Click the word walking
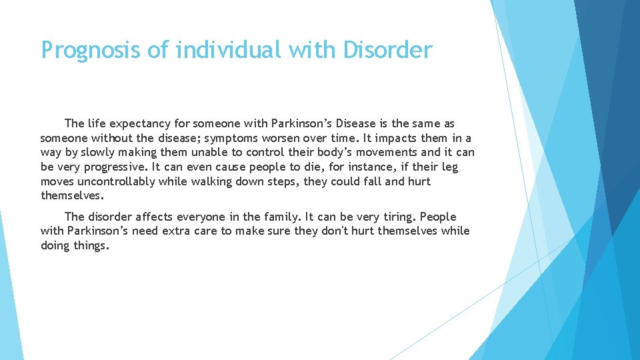(x=223, y=181)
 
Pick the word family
(x=280, y=217)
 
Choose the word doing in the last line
(x=56, y=246)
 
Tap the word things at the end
(x=93, y=246)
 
